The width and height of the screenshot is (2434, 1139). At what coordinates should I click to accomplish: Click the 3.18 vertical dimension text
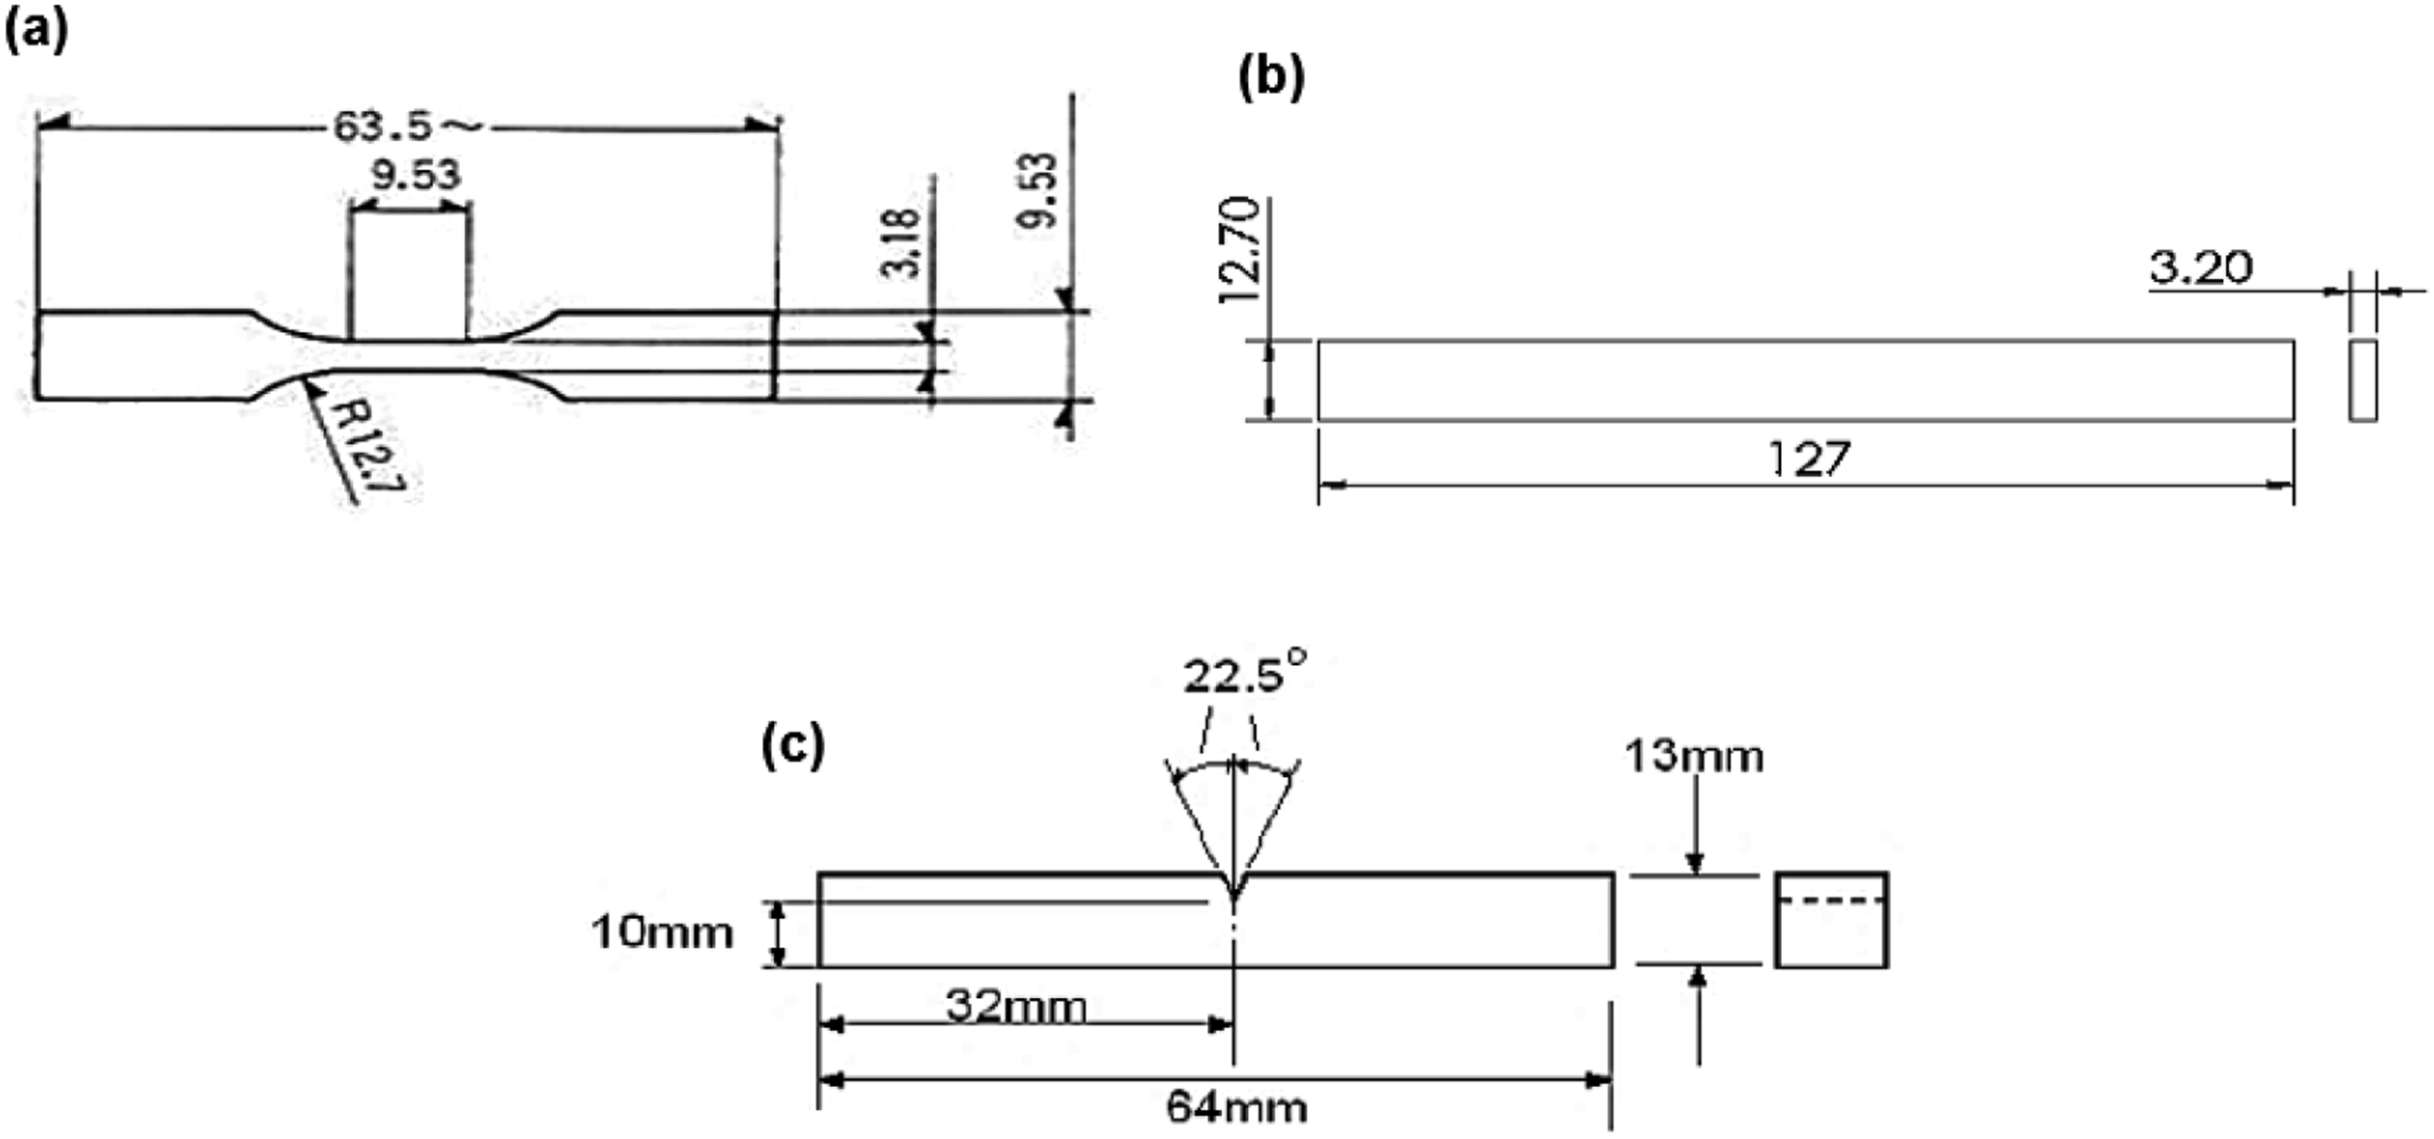click(899, 243)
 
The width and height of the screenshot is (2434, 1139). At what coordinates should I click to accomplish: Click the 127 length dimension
click(1808, 459)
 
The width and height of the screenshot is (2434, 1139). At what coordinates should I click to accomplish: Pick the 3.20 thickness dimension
click(2200, 268)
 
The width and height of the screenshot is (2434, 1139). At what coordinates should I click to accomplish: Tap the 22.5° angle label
click(1244, 673)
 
